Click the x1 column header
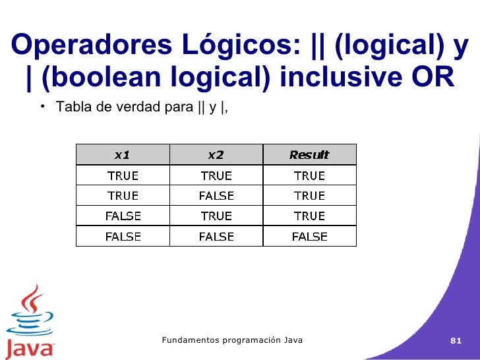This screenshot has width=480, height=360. point(123,155)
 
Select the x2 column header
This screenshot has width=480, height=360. point(216,155)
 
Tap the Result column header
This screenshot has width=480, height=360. point(309,155)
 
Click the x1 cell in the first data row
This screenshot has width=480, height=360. point(123,175)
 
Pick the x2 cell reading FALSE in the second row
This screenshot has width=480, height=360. point(216,196)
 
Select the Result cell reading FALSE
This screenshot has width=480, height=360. point(309,236)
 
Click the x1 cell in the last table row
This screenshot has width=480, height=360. point(123,236)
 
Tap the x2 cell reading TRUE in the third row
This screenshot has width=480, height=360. point(216,216)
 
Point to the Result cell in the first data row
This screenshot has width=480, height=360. point(309,175)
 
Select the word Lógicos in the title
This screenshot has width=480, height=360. point(235,45)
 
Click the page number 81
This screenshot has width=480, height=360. point(455,341)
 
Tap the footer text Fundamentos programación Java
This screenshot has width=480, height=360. point(232,340)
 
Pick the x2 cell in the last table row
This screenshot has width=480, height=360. point(216,236)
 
